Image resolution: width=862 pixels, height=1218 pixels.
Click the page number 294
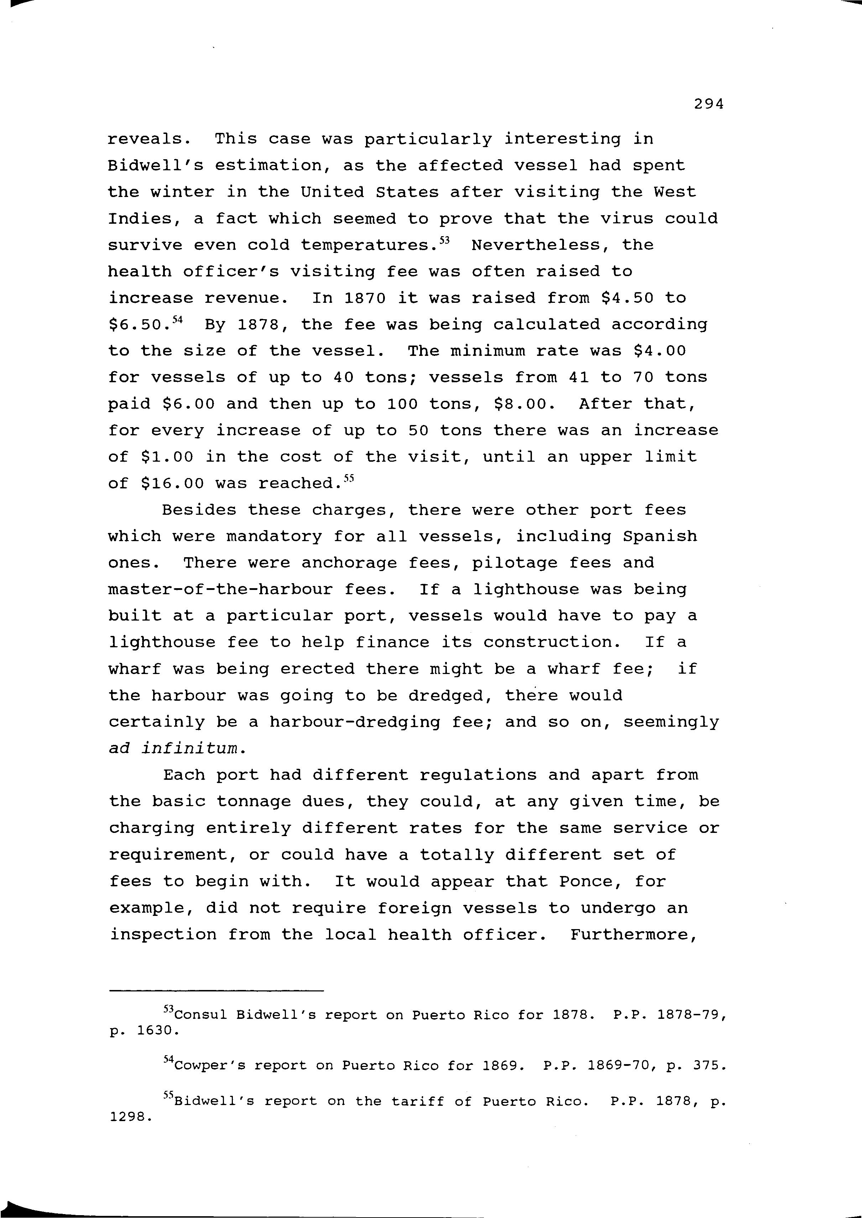coord(709,105)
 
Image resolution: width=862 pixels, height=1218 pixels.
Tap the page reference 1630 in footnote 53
coord(155,1031)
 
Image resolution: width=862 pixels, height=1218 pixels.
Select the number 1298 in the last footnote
coord(130,1117)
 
